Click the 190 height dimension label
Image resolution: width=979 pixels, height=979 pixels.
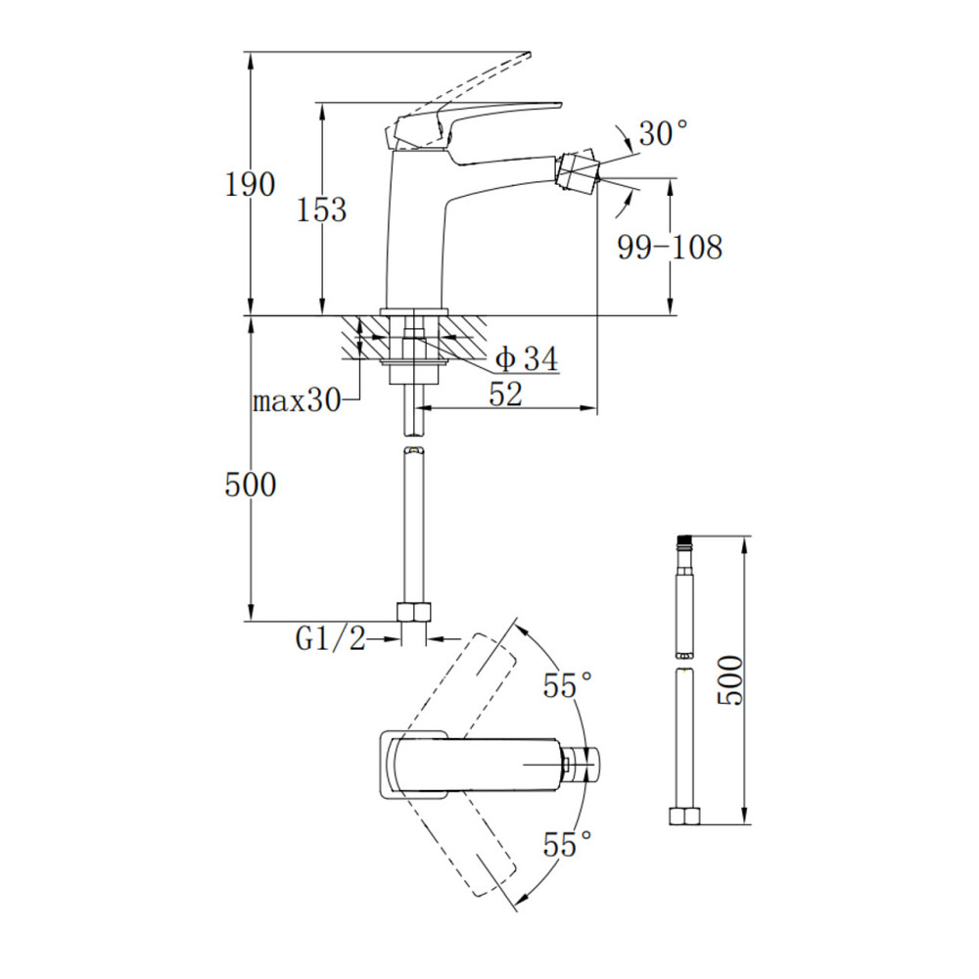pyautogui.click(x=250, y=185)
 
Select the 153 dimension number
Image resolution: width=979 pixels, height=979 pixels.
pyautogui.click(x=321, y=210)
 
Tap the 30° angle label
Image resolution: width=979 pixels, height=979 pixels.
pyautogui.click(x=663, y=133)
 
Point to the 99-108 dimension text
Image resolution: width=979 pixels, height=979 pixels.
pyautogui.click(x=670, y=248)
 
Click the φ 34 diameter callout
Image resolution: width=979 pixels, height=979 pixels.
pyautogui.click(x=527, y=359)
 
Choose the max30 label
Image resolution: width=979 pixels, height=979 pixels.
pyautogui.click(x=297, y=400)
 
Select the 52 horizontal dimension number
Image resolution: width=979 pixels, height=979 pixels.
pyautogui.click(x=506, y=394)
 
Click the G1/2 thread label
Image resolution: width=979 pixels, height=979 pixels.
pyautogui.click(x=330, y=638)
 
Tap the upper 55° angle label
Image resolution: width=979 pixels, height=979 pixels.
pyautogui.click(x=568, y=685)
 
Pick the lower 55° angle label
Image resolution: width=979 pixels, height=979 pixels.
pyautogui.click(x=568, y=845)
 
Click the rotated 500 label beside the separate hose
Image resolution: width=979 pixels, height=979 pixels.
pyautogui.click(x=730, y=680)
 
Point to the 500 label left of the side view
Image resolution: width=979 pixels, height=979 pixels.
pyautogui.click(x=250, y=485)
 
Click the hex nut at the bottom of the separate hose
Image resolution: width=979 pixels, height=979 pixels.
pyautogui.click(x=685, y=816)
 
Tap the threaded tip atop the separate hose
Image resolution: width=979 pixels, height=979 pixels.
pyautogui.click(x=685, y=543)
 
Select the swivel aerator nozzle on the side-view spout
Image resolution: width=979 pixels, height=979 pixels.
pyautogui.click(x=578, y=169)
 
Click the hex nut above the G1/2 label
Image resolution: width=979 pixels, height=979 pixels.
pyautogui.click(x=414, y=611)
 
